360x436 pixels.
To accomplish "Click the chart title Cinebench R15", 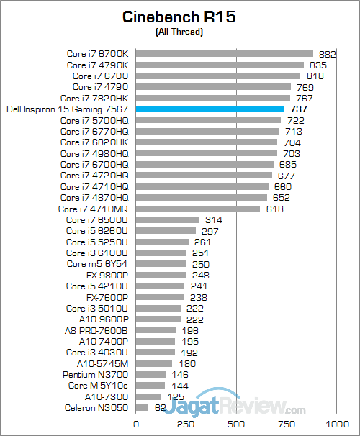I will point(179,17).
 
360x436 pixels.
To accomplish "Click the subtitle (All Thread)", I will point(179,32).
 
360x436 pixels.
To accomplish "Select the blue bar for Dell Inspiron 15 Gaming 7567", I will point(210,109).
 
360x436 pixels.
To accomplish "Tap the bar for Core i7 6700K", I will point(224,53).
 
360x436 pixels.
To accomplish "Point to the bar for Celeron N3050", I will point(141,408).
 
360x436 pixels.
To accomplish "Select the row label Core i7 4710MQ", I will point(94,209).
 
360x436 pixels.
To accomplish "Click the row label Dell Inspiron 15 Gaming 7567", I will point(67,109).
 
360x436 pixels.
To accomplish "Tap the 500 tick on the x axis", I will point(236,423).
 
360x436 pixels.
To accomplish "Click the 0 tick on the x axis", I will point(135,423).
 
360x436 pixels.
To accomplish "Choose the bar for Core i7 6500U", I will point(167,219).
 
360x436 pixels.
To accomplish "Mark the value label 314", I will point(214,219).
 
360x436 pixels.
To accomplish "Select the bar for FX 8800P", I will point(160,275).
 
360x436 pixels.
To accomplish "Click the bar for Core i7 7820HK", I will point(212,98).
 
